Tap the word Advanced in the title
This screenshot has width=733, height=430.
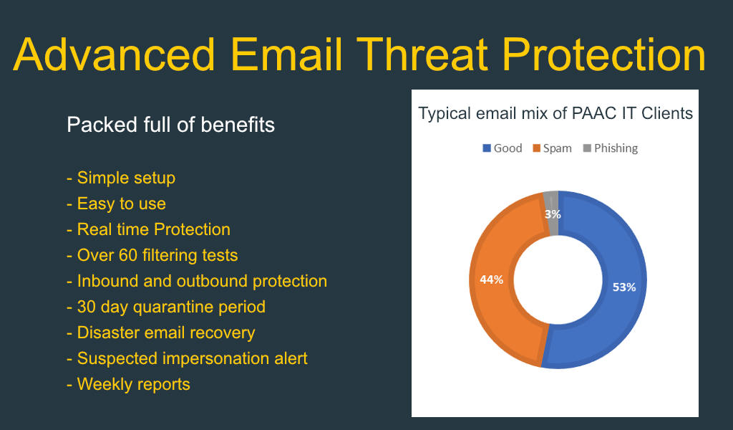(115, 54)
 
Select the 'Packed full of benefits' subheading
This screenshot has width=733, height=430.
(170, 125)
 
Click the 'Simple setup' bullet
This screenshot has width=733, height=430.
(121, 178)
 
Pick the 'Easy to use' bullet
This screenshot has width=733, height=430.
(117, 204)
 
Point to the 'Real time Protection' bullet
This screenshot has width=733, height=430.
(149, 229)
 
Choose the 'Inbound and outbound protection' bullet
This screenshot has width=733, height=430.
(197, 281)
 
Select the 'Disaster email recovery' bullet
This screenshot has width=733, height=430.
(161, 333)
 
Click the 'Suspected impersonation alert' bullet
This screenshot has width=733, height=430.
(187, 358)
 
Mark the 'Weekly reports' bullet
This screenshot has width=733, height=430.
(129, 384)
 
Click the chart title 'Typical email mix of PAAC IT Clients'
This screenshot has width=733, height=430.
(555, 114)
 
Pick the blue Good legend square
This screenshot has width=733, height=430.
(487, 148)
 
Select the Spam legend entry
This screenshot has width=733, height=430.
(552, 148)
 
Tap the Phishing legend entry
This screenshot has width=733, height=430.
(611, 148)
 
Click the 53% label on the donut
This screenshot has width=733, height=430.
(624, 287)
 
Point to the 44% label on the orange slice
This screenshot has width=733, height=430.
(491, 279)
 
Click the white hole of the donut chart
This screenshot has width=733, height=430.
(558, 279)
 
